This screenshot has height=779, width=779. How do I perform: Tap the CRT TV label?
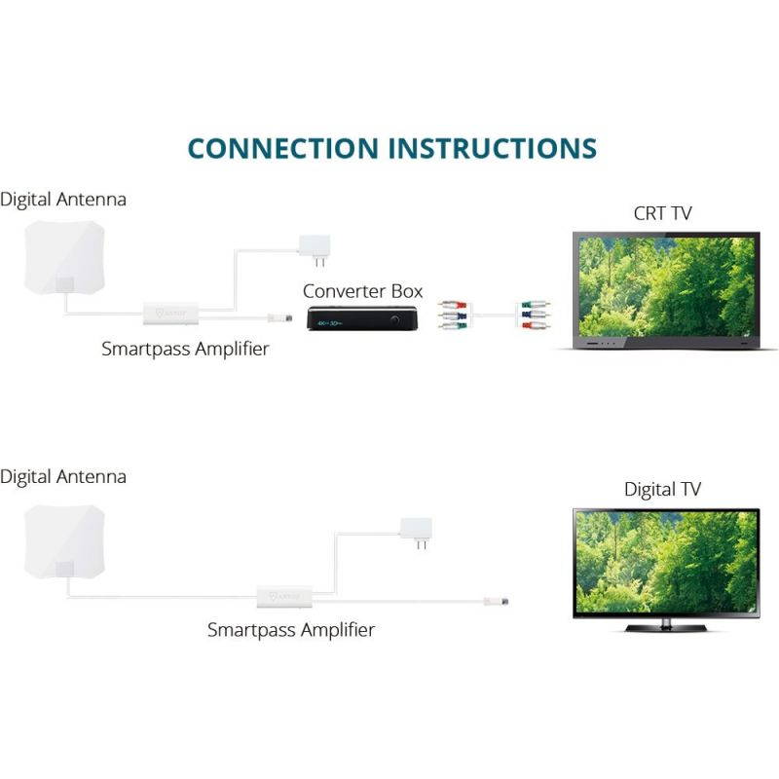(662, 213)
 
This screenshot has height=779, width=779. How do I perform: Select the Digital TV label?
(662, 490)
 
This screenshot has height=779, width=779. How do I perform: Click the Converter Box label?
(362, 291)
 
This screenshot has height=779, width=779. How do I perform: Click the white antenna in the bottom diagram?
(61, 540)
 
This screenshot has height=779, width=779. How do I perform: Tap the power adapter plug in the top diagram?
(315, 246)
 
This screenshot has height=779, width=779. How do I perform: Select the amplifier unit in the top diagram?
(172, 314)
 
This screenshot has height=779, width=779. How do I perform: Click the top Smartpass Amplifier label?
(185, 349)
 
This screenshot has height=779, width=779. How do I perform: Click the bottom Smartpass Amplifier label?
(290, 630)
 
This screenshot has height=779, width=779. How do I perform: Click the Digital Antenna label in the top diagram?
(63, 199)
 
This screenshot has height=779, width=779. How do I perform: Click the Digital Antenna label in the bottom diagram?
(63, 477)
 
